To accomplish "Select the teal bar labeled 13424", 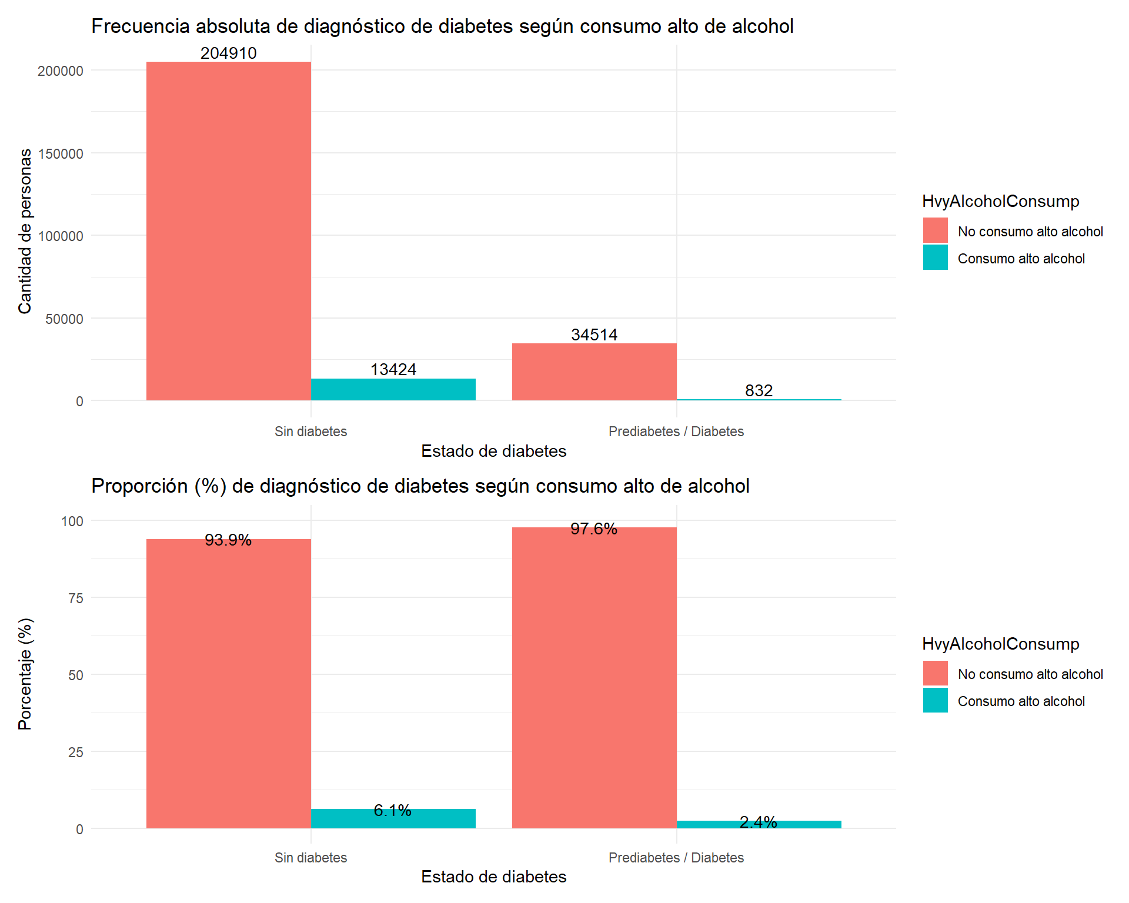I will coord(393,390).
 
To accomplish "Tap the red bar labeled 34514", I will coord(594,372).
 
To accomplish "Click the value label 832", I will coord(759,390).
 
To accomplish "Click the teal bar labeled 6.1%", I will coord(393,819).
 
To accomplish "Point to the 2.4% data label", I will coord(759,822).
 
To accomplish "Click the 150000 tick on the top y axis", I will coord(61,154).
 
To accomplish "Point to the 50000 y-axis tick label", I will coord(64,319).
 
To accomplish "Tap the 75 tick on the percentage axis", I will coord(76,598).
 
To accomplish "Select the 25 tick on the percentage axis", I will coord(76,752).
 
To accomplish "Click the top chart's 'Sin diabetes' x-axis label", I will coord(310,432).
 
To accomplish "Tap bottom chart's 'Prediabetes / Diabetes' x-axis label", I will coord(676,858).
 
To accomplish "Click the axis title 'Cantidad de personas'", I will coord(25,231).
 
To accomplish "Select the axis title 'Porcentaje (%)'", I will coord(25,674).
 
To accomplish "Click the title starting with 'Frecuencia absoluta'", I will coord(442,26).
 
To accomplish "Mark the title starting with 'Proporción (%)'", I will coord(420,486).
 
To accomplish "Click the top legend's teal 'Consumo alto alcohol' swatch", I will coord(935,257).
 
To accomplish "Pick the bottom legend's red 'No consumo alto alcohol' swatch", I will coord(935,673).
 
